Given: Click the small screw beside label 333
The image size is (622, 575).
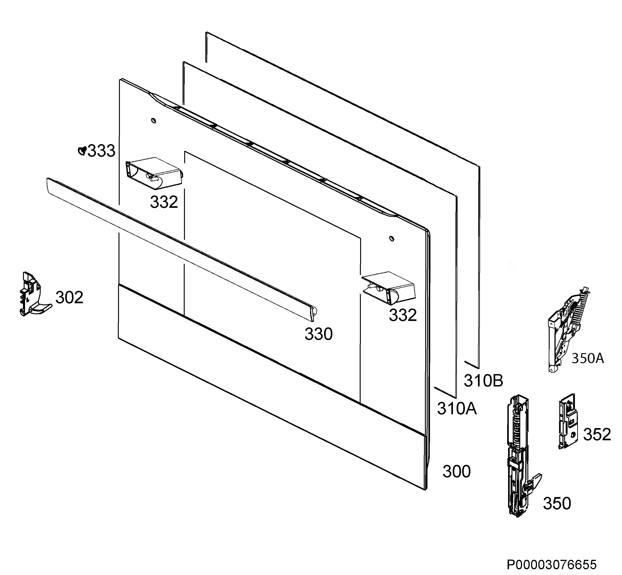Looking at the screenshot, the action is tap(82, 151).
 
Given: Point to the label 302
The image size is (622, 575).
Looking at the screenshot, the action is tap(69, 298).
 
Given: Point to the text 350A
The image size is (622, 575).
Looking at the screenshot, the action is tap(588, 358).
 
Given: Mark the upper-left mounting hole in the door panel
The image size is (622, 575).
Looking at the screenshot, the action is tap(154, 120).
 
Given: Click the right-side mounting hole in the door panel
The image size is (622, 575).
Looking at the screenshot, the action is tap(392, 238).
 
